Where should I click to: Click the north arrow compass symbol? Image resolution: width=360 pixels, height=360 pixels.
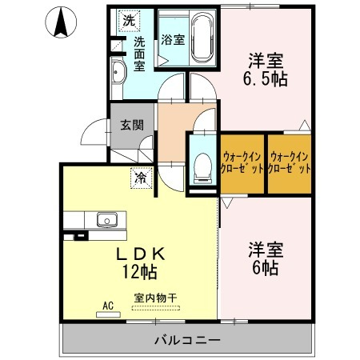tap(61, 22)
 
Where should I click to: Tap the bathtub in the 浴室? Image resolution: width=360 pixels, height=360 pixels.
tap(203, 38)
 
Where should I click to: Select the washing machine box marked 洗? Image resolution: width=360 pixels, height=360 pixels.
tap(129, 21)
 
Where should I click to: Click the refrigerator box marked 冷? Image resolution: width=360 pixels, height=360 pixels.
tap(141, 178)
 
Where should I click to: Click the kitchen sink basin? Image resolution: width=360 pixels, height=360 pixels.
tap(107, 219)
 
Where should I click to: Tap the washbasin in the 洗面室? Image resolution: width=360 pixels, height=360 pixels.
tap(118, 72)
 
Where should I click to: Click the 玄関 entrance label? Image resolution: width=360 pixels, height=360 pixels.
tap(132, 125)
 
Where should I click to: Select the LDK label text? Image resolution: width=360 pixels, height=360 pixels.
tap(141, 254)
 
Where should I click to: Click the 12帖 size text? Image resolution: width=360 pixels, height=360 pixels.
tap(139, 272)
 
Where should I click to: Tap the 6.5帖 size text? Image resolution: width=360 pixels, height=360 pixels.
tap(265, 78)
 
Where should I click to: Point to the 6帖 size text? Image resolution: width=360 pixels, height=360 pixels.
tap(266, 268)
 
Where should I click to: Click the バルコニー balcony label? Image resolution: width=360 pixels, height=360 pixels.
tap(188, 340)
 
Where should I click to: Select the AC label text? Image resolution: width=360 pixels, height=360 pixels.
tap(108, 306)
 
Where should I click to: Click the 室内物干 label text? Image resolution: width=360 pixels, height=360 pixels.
tap(155, 298)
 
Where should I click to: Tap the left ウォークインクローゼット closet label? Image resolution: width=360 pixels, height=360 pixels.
tap(242, 162)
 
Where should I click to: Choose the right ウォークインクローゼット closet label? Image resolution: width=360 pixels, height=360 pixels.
tap(290, 162)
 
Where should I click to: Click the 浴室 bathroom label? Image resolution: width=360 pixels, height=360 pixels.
tap(173, 40)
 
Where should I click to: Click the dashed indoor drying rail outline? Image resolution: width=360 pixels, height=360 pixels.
tap(156, 308)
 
